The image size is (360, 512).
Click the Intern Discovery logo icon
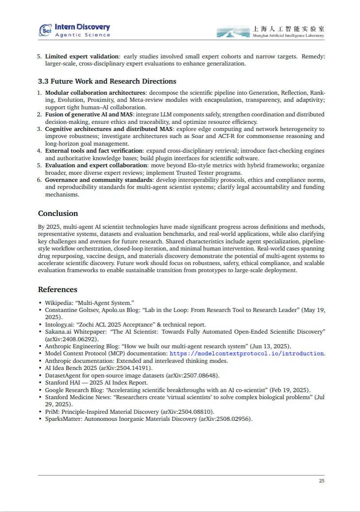[x=46, y=30]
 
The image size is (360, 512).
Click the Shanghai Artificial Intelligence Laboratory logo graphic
[x=233, y=32]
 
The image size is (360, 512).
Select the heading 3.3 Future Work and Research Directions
[x=107, y=81]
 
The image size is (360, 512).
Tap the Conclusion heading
[x=58, y=213]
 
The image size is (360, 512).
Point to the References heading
[x=58, y=289]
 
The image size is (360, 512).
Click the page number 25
[x=321, y=481]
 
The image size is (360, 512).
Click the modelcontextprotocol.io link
[x=247, y=354]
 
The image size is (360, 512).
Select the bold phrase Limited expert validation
[x=82, y=56]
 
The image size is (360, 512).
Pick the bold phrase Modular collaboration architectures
[x=95, y=93]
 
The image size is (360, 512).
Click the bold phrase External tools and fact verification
[x=94, y=151]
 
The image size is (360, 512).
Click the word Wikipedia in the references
[x=58, y=303]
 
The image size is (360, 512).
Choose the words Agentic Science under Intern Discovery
[x=82, y=35]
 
